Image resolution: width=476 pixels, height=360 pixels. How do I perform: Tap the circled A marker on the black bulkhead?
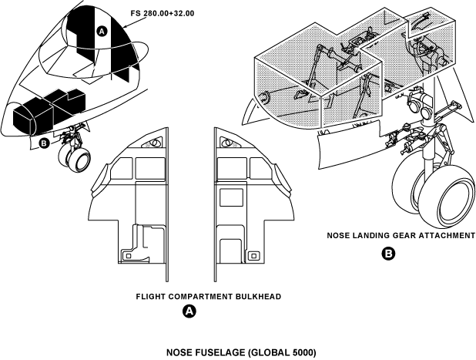point(101,29)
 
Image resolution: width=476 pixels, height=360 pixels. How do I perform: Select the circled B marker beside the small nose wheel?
point(43,142)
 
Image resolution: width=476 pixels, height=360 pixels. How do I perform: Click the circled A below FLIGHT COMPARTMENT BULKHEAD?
point(188,311)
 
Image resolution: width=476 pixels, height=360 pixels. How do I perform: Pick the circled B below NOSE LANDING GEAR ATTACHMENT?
point(389,253)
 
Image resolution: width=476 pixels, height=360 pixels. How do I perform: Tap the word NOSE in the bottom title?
point(182,352)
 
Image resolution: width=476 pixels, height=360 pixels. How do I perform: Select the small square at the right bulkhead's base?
point(251,254)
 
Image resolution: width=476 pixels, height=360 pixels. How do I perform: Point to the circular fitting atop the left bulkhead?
point(154,142)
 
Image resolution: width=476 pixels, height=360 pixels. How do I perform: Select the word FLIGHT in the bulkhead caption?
point(151,296)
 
